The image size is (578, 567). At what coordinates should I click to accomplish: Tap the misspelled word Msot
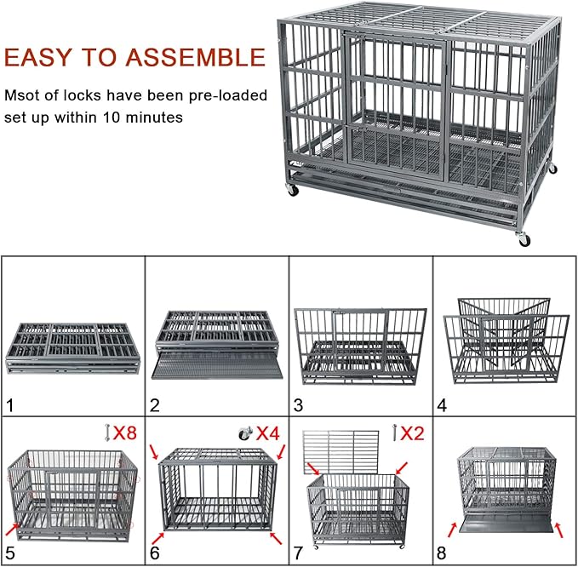click(23, 94)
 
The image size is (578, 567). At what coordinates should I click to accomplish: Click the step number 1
click(10, 405)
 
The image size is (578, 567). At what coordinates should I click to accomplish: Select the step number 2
click(154, 405)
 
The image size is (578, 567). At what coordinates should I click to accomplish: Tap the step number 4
click(442, 405)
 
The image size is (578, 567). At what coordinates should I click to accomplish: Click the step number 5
click(10, 553)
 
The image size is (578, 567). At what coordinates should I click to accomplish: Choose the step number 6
click(154, 553)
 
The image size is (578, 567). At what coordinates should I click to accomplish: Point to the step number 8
click(442, 553)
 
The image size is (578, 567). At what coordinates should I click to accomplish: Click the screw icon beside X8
click(106, 433)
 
